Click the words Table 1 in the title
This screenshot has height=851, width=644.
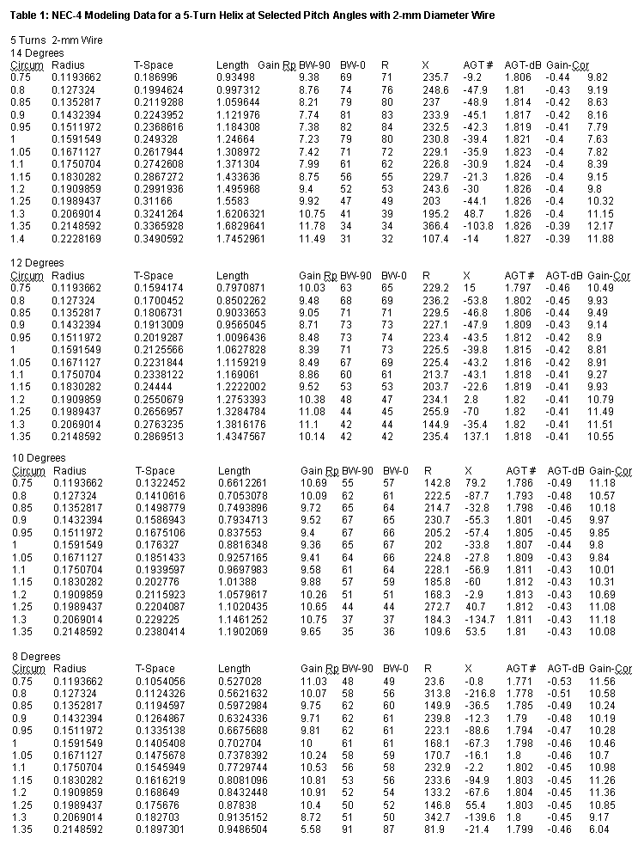pyautogui.click(x=29, y=16)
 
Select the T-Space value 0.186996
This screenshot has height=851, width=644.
pyautogui.click(x=155, y=77)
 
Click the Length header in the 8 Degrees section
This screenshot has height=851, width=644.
pyautogui.click(x=234, y=668)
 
